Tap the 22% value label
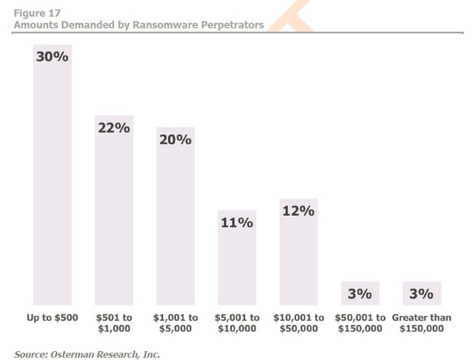(114, 128)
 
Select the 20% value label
(176, 139)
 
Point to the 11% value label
(237, 222)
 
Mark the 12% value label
(299, 210)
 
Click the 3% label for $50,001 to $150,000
(360, 292)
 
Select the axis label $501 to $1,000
(114, 323)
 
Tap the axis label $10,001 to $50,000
(299, 323)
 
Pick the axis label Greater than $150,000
(422, 323)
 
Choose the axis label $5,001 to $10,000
(237, 323)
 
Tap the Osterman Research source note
(87, 353)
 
